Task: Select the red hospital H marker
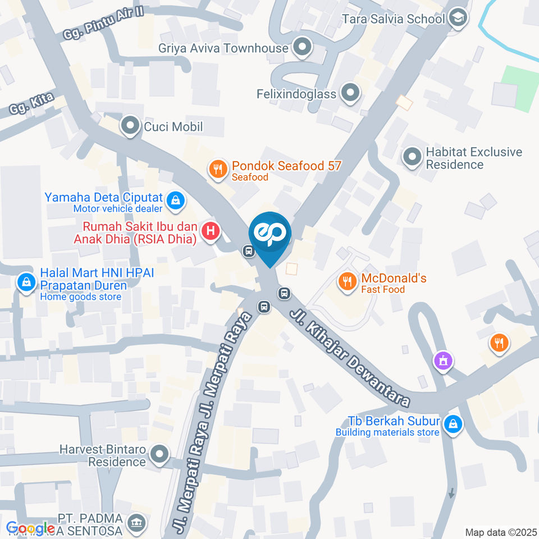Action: pos(211,231)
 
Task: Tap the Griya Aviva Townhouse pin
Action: pos(303,48)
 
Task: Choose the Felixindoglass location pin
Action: pos(350,93)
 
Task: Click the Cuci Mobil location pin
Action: pos(131,126)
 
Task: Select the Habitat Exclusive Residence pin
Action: pos(413,158)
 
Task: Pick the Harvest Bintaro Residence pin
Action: pos(160,455)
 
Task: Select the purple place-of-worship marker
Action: pos(443,360)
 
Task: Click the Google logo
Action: pos(30,528)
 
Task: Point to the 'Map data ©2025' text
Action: pos(500,532)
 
